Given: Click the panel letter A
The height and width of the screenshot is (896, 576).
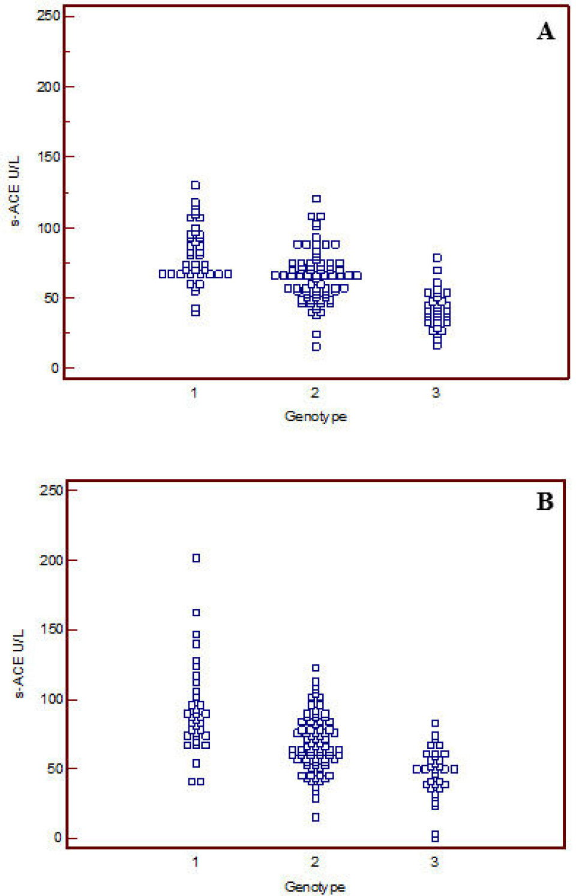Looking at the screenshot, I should (x=545, y=31).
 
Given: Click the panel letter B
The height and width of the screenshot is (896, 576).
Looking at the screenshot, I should (x=545, y=501).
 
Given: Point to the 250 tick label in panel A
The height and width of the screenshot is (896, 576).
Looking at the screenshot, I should (x=49, y=16).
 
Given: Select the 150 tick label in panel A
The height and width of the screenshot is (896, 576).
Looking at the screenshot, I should (x=49, y=157).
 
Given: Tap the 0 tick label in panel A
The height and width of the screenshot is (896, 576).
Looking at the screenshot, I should (x=55, y=368).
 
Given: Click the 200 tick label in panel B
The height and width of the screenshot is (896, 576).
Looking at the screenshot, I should (x=51, y=560).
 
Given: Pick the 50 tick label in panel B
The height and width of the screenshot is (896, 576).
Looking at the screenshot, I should (x=55, y=769).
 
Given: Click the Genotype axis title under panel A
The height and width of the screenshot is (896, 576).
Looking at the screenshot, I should (x=315, y=416).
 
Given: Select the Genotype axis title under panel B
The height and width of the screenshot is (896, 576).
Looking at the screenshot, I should (x=314, y=886).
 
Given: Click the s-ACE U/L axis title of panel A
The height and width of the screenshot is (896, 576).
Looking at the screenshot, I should (x=15, y=191).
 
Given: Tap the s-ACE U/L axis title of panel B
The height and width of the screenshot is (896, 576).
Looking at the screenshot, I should (x=19, y=664).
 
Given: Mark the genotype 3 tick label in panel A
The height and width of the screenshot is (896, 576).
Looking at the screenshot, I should (x=436, y=393).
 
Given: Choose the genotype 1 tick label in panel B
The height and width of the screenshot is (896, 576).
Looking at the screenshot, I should (x=195, y=862).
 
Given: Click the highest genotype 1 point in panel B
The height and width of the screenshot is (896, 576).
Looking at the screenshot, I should (x=196, y=558).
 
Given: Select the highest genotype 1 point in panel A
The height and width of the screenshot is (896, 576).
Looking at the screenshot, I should (x=195, y=185).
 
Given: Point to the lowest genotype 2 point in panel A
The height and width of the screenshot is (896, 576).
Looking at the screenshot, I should (x=316, y=347).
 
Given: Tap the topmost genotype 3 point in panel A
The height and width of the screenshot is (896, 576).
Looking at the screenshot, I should (x=437, y=258).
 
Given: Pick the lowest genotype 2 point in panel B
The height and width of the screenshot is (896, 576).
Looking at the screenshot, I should (x=316, y=817).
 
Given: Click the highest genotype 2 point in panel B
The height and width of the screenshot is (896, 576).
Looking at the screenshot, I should (x=316, y=668).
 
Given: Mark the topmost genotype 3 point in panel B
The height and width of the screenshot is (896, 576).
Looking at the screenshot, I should (x=435, y=723).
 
